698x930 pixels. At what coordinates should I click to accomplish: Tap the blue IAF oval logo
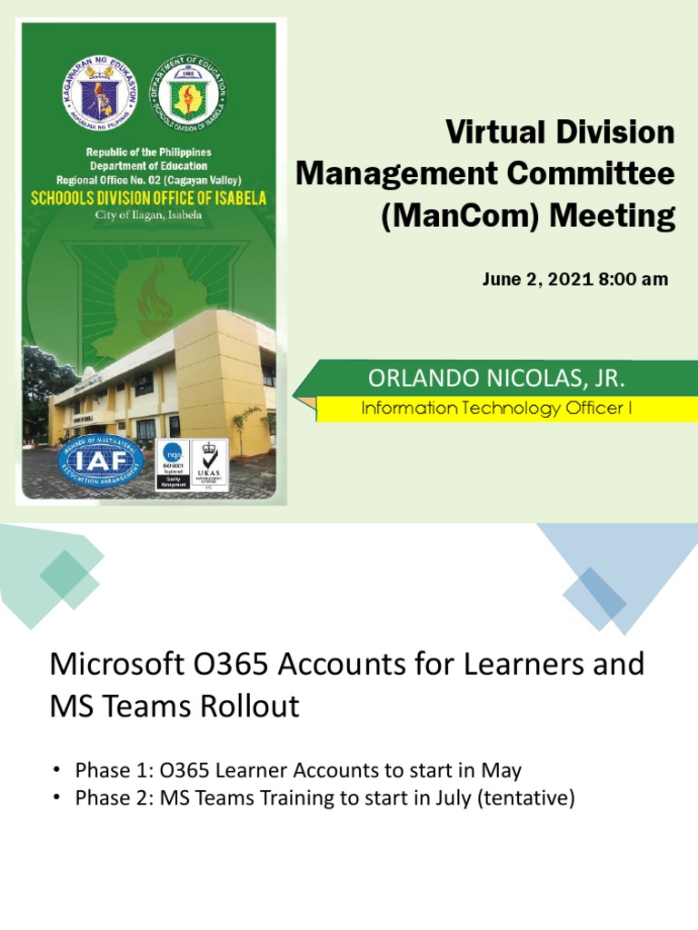coord(100,461)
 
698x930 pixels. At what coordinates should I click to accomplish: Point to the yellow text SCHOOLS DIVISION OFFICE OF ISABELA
coord(148,197)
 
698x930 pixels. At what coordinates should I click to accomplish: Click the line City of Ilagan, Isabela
coord(148,215)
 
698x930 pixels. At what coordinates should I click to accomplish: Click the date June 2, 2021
coord(536,280)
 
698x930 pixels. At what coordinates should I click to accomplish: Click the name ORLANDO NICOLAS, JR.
coord(496,378)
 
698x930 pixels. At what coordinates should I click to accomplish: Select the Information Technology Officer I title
coord(496,409)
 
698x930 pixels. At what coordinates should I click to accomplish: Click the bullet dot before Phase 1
coord(55,771)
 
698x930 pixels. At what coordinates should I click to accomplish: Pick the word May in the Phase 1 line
coord(503,771)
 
